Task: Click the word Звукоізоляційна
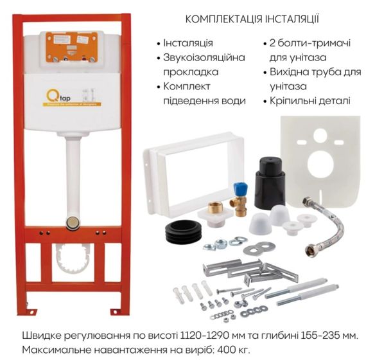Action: click(x=205, y=58)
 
